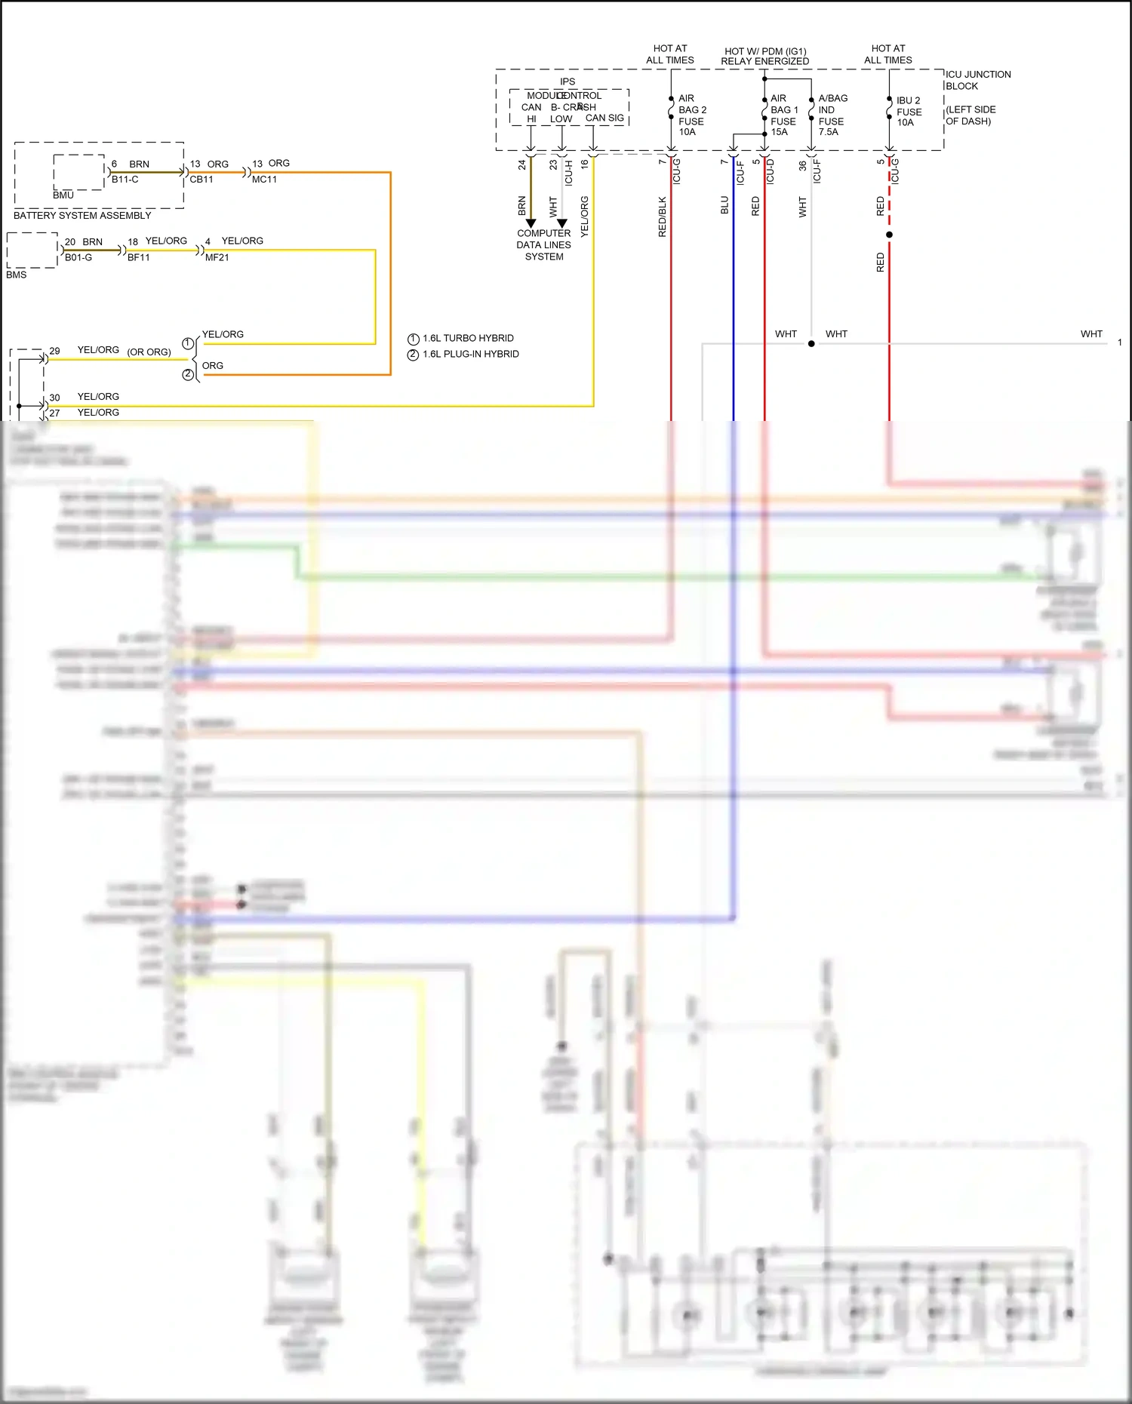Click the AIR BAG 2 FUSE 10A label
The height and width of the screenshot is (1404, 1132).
691,115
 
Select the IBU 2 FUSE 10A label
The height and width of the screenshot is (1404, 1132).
909,111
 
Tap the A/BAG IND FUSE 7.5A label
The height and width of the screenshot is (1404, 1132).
832,115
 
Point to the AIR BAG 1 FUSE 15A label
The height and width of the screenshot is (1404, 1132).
783,115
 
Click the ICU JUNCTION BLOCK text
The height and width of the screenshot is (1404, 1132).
977,80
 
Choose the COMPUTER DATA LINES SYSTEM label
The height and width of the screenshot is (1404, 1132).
543,244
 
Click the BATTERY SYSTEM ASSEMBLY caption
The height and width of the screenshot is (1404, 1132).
82,215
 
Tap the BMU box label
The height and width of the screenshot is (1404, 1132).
63,195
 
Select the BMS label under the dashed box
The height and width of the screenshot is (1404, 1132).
16,275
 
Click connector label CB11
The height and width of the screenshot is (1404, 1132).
201,180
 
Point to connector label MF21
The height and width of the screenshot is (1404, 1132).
217,257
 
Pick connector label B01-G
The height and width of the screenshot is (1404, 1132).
78,257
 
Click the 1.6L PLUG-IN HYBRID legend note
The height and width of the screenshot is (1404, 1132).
470,354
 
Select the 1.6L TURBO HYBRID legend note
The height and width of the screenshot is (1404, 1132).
468,338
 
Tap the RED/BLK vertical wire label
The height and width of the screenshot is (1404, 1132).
662,217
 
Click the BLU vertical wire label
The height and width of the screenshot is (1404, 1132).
724,205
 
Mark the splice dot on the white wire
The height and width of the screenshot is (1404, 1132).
811,343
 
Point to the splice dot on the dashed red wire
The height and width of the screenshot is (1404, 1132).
889,235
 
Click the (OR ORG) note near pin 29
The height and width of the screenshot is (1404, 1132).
149,352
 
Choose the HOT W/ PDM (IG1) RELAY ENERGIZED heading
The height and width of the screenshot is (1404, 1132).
764,56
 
